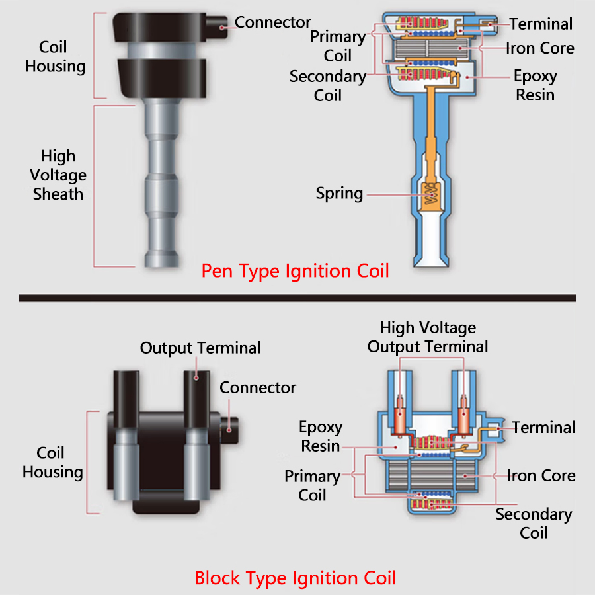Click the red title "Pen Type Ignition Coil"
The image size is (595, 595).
click(295, 271)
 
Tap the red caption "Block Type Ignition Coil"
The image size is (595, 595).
click(295, 578)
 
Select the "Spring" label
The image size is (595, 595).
click(339, 194)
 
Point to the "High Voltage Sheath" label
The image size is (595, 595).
click(59, 175)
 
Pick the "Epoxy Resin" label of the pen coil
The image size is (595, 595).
click(535, 85)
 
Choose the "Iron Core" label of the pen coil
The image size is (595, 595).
click(540, 48)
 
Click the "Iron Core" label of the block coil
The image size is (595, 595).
click(541, 476)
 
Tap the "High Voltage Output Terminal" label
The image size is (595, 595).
click(428, 337)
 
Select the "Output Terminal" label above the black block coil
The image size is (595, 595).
click(200, 348)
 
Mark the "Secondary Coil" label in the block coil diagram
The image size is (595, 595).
click(534, 524)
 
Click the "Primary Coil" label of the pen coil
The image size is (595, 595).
click(337, 46)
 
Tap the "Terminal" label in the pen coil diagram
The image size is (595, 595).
click(541, 24)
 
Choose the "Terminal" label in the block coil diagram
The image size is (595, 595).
click(543, 428)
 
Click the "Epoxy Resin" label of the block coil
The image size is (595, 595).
click(320, 436)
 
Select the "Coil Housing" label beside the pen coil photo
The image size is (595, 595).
click(55, 57)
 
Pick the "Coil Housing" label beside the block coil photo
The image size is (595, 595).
click(52, 463)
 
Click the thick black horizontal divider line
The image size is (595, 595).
click(297, 298)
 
